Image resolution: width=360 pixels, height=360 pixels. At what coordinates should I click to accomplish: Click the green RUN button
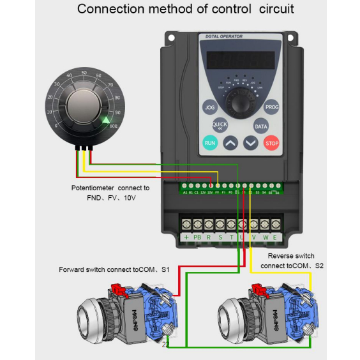(210, 143)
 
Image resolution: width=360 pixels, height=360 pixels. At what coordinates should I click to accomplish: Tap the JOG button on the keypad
(210, 108)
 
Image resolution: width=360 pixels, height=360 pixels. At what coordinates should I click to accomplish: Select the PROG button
(272, 108)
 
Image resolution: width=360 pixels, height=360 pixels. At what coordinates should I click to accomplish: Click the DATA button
(261, 126)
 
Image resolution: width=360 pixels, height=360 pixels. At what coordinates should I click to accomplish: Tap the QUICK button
(220, 125)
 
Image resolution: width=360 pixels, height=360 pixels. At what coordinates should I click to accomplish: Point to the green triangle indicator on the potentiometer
(106, 120)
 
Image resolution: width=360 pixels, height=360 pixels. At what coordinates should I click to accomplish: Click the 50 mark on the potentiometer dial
(83, 75)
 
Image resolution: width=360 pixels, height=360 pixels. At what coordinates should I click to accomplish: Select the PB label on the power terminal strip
(197, 237)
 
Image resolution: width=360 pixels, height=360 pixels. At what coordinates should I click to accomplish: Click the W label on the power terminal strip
(265, 237)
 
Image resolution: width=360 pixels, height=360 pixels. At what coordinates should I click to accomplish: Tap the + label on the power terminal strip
(186, 237)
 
